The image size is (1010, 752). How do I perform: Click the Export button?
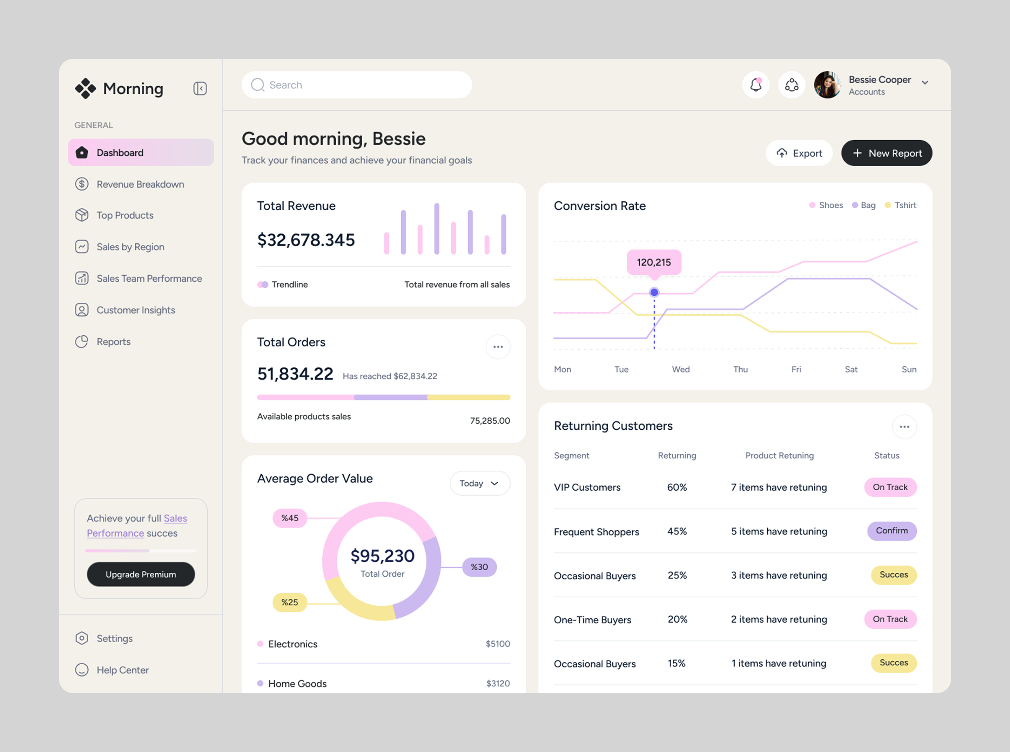[x=799, y=153]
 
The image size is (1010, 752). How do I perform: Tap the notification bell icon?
[x=755, y=85]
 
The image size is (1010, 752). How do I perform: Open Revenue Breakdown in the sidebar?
[x=140, y=184]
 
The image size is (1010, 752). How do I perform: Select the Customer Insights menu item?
[x=136, y=310]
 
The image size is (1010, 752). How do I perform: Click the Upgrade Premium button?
[x=141, y=575]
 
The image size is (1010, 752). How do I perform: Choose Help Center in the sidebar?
[x=122, y=670]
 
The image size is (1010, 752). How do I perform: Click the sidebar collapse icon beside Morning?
[x=200, y=88]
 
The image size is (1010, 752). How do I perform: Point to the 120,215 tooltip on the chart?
[x=654, y=262]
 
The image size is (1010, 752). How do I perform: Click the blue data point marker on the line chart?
[x=654, y=292]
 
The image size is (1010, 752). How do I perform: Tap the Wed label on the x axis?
[x=680, y=369]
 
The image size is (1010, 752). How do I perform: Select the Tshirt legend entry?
[x=901, y=205]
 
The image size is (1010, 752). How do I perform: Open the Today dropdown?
[x=479, y=483]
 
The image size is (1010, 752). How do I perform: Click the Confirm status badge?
[x=891, y=531]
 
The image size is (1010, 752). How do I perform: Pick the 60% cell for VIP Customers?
[x=677, y=487]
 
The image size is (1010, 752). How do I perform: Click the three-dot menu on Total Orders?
[x=498, y=347]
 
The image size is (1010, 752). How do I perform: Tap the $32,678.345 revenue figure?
[x=306, y=240]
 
